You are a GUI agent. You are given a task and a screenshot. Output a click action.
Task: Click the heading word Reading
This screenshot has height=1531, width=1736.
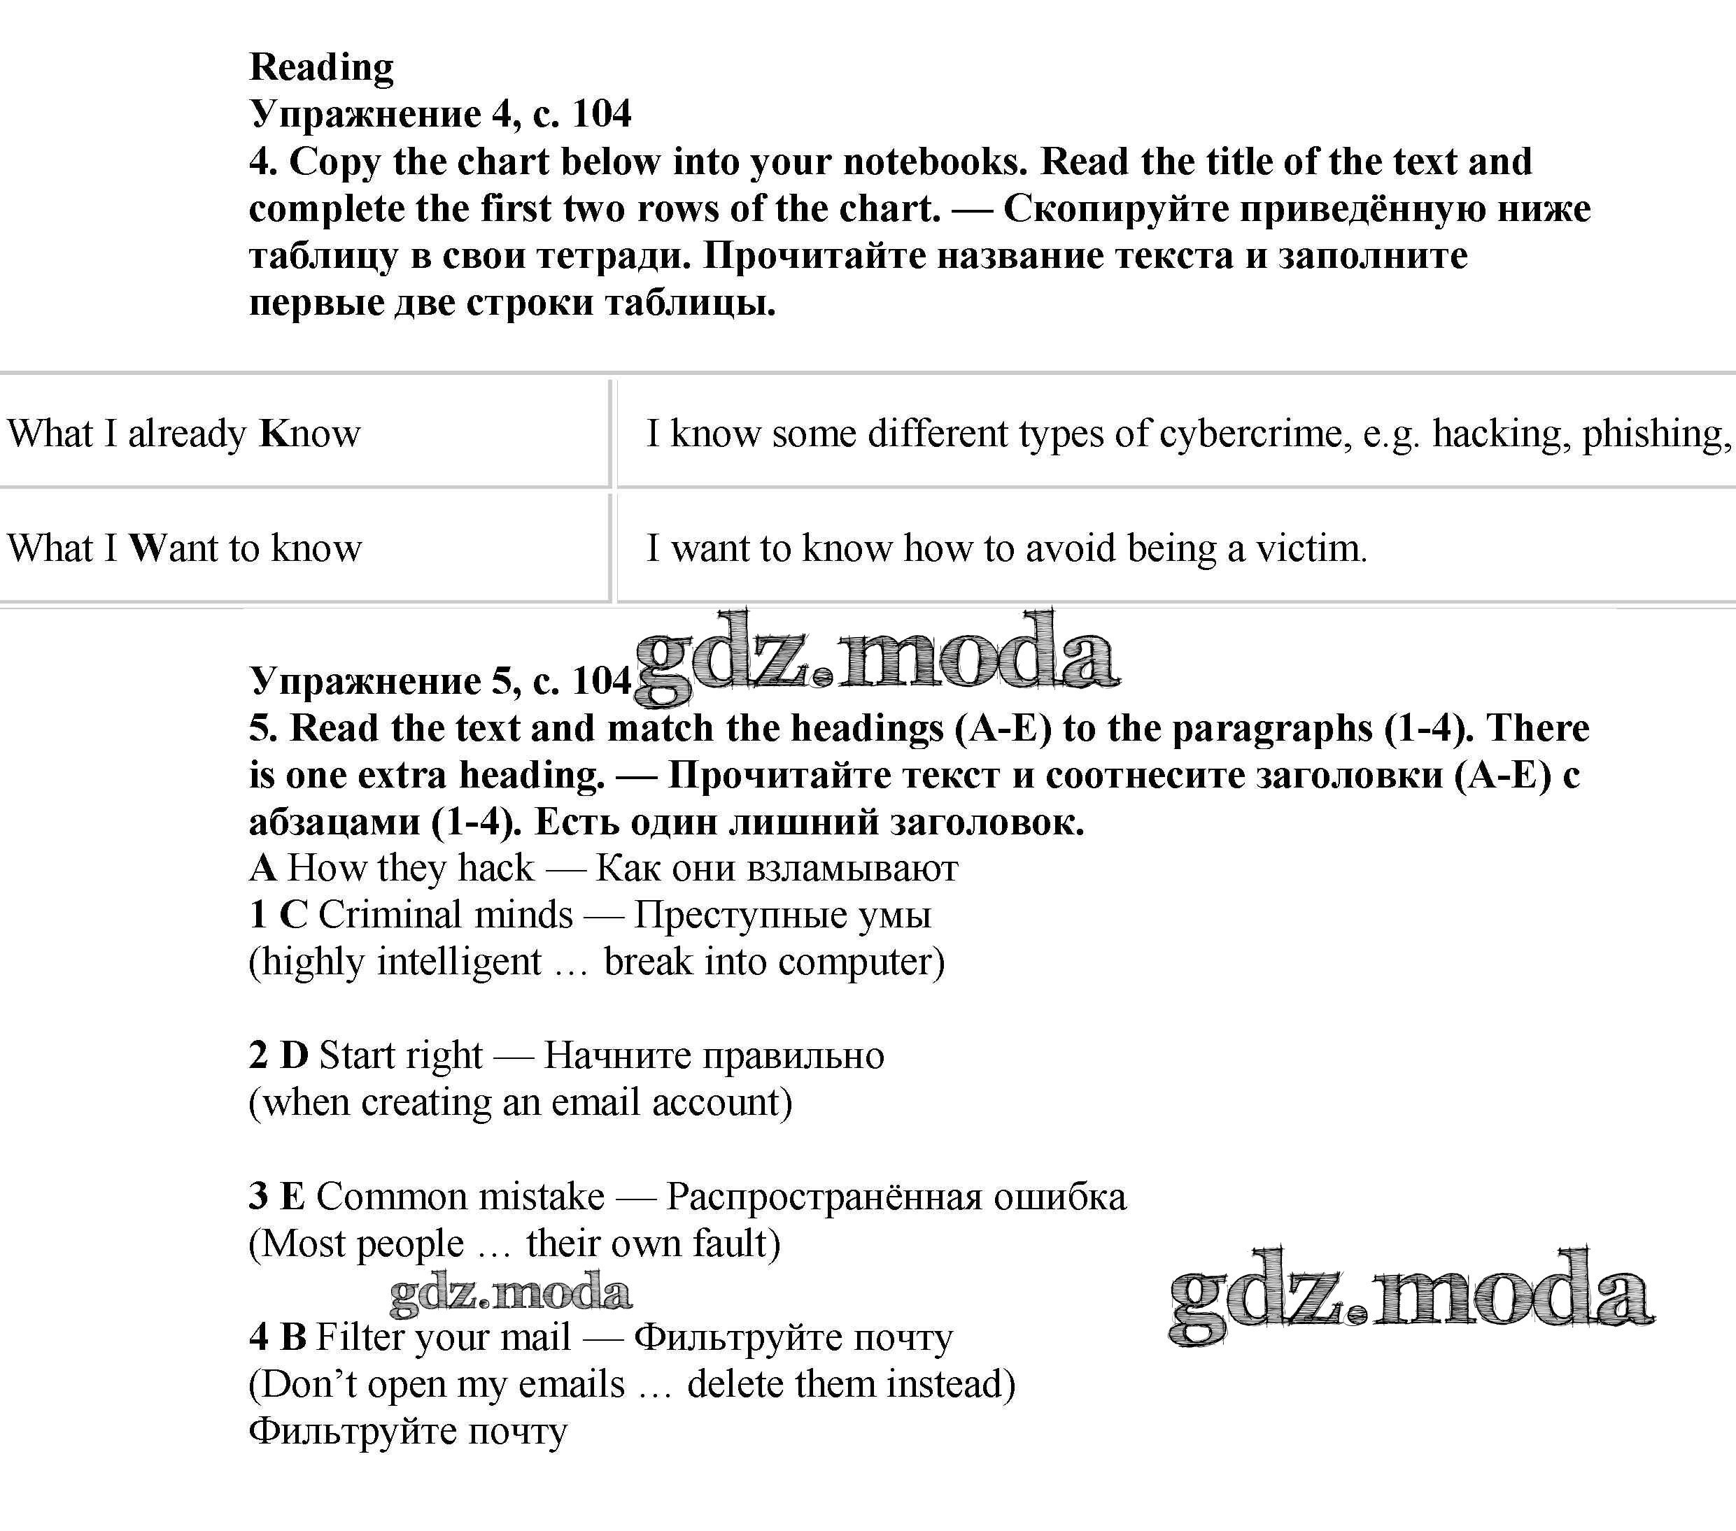(321, 68)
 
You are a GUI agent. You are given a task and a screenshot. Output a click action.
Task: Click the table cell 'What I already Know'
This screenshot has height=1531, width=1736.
(184, 433)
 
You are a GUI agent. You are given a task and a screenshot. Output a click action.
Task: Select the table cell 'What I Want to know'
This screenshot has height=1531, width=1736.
(184, 548)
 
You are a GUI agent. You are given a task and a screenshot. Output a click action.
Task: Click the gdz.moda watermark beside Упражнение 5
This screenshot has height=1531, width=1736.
(875, 655)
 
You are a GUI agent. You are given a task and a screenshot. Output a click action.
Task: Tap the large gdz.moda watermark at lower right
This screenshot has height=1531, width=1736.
(1411, 1294)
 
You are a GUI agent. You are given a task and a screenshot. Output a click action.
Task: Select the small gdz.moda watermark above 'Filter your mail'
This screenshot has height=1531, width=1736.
(510, 1293)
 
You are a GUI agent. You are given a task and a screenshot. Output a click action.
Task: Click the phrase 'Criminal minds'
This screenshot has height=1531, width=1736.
(446, 916)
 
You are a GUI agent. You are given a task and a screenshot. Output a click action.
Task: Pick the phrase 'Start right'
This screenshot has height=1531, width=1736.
(401, 1055)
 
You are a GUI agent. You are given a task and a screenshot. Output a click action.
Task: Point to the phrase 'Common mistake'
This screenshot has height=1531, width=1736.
(460, 1197)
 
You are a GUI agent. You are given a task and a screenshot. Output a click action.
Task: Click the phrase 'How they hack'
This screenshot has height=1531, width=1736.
(411, 868)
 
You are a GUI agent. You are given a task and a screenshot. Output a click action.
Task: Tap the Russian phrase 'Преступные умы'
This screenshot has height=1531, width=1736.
(782, 916)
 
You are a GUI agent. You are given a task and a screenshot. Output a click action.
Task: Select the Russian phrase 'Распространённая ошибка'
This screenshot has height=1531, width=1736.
(896, 1197)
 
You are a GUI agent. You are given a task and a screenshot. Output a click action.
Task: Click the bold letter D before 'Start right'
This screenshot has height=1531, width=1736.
(294, 1055)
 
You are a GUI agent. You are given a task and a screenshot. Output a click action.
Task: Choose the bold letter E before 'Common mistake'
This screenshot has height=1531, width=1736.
(292, 1197)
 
